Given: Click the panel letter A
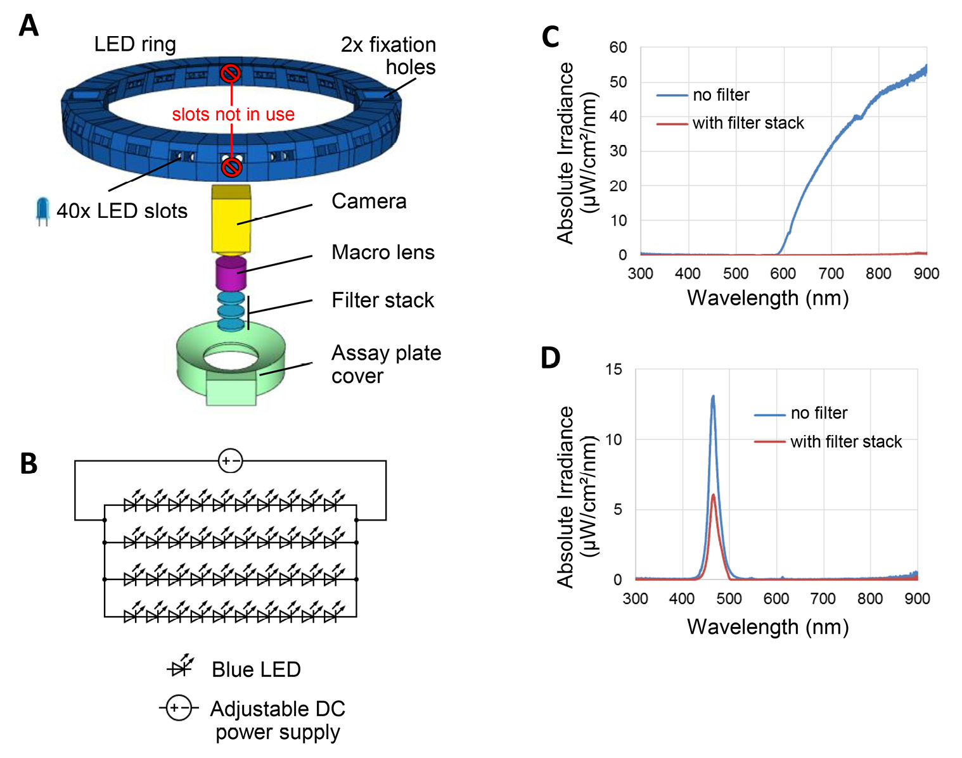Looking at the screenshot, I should [x=29, y=26].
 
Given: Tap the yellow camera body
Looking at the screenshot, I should [x=231, y=218].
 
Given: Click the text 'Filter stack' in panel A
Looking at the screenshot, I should [x=383, y=300].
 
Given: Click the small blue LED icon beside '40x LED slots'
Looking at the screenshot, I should [x=42, y=211].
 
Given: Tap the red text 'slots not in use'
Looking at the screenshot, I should [x=233, y=115].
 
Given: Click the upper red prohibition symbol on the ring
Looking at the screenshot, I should [x=230, y=73].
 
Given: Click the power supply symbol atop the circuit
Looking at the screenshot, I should [x=230, y=461].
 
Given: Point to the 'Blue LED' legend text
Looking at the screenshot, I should [x=256, y=669].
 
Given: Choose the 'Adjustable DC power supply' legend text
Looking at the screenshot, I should [x=278, y=720].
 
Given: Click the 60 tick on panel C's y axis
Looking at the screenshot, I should [x=618, y=47].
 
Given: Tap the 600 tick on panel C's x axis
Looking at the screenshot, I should [x=783, y=274].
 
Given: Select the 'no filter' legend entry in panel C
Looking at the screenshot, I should [x=721, y=95].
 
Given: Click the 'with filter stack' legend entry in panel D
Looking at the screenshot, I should [x=845, y=441].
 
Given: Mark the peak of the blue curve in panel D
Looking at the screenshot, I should [x=713, y=397].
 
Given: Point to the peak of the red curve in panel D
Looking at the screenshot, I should [x=714, y=495].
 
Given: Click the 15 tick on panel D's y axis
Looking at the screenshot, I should [x=613, y=369].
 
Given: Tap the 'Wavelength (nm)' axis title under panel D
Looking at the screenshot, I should [x=767, y=627].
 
